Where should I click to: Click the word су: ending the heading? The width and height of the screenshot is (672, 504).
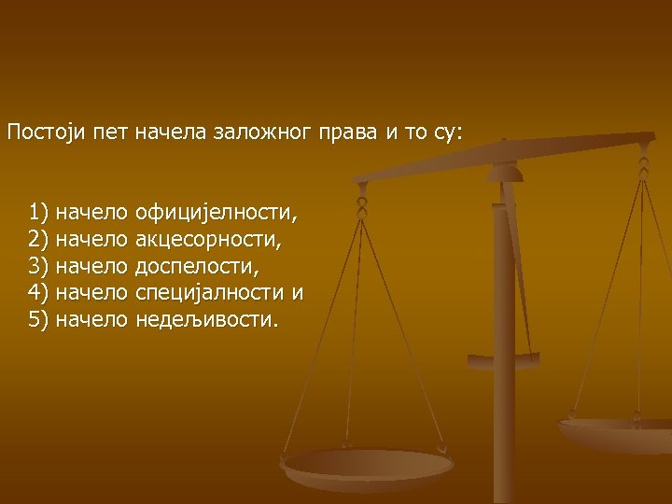[x=447, y=133]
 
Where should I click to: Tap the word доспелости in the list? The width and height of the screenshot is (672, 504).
[x=198, y=267]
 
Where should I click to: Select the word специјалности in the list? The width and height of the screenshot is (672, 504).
[x=211, y=293]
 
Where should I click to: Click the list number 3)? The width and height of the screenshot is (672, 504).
[x=39, y=267]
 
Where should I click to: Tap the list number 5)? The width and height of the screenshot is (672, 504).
[x=39, y=320]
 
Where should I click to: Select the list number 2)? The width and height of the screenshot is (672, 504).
[x=39, y=240]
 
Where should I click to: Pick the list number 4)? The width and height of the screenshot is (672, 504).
[x=39, y=293]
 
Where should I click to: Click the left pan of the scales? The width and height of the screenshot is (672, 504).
[x=368, y=464]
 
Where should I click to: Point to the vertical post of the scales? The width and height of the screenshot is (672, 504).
[x=505, y=308]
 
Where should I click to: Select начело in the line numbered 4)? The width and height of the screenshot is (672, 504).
[x=91, y=293]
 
